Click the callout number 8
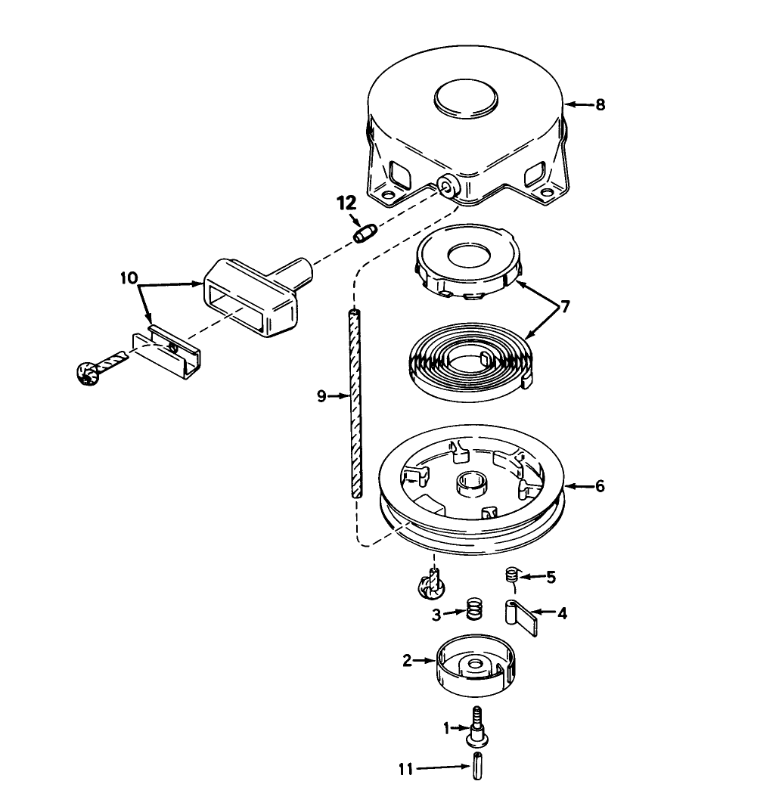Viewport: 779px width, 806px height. pos(600,105)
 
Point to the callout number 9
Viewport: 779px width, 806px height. pos(321,395)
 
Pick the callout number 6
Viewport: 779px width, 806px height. pos(600,486)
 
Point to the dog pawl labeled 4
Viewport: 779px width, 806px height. pos(521,615)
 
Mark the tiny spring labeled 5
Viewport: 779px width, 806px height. pos(513,577)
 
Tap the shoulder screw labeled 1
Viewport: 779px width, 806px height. pos(480,727)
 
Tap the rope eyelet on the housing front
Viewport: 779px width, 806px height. pos(447,187)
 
